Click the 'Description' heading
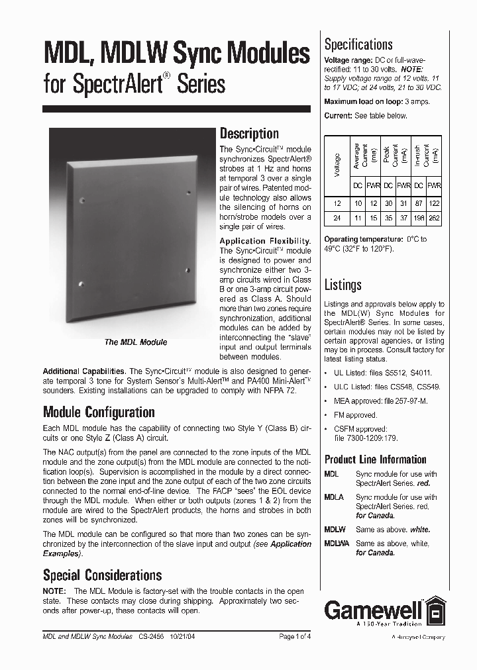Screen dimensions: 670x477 249,134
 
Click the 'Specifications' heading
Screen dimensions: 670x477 358,45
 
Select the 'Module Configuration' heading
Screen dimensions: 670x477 99,412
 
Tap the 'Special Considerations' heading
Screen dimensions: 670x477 102,575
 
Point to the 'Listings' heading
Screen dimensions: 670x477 343,285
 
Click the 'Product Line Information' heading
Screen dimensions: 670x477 375,459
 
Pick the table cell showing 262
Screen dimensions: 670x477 435,218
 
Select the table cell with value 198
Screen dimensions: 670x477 419,218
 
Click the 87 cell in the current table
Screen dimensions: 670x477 419,203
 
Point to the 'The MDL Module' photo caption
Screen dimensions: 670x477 136,342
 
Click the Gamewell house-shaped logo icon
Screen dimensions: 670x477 435,611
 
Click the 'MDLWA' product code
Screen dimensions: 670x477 335,544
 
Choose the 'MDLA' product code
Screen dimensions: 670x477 334,497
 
